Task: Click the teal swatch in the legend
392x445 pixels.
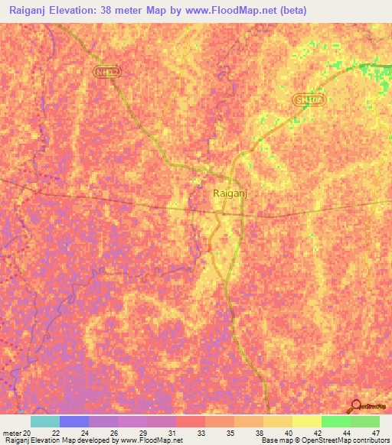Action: pyautogui.click(x=45, y=421)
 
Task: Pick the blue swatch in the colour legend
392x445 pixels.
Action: pyautogui.click(x=74, y=421)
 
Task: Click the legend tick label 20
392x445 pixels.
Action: pyautogui.click(x=28, y=433)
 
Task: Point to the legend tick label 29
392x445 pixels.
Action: pyautogui.click(x=143, y=433)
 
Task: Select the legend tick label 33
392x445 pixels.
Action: pyautogui.click(x=201, y=433)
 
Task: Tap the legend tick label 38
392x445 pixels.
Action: pyautogui.click(x=258, y=433)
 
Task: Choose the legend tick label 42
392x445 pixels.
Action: pyautogui.click(x=316, y=433)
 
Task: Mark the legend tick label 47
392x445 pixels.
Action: pyautogui.click(x=375, y=433)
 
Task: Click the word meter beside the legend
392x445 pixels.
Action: pyautogui.click(x=11, y=433)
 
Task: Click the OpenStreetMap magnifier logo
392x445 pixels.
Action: pyautogui.click(x=355, y=405)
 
